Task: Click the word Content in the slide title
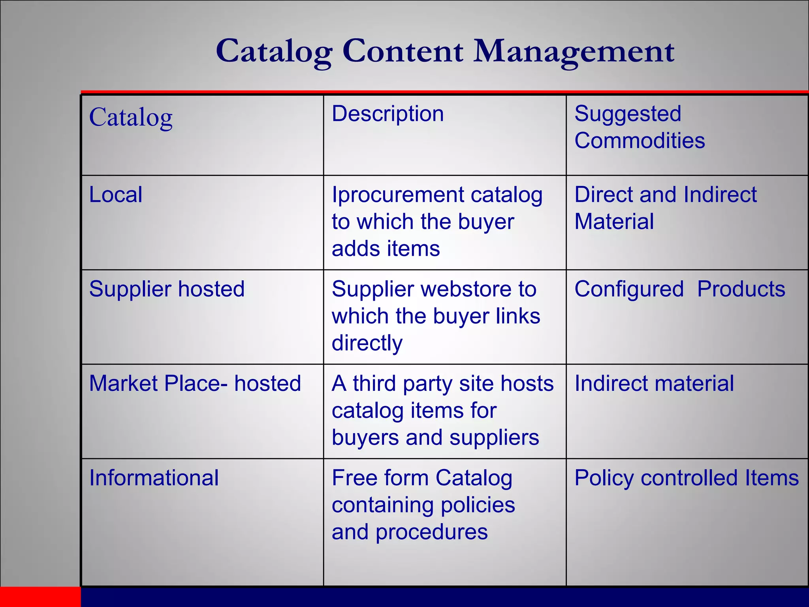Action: point(403,51)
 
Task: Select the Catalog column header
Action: point(131,117)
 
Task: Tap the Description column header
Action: point(388,114)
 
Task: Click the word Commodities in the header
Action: point(640,141)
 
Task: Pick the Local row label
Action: point(116,194)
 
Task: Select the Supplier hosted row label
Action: point(167,289)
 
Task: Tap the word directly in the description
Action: point(367,343)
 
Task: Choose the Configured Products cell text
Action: point(679,289)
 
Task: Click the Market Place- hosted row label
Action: point(195,383)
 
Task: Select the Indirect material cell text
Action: point(654,383)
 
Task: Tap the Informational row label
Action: point(154,478)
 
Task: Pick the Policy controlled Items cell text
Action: point(687,478)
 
